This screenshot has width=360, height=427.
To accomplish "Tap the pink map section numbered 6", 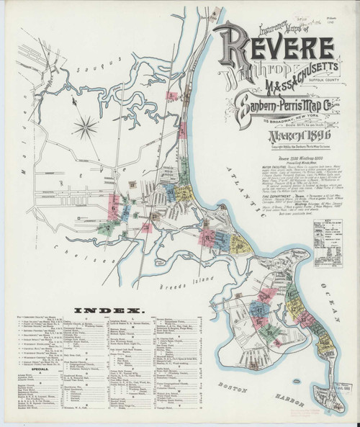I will pos(114,207).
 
